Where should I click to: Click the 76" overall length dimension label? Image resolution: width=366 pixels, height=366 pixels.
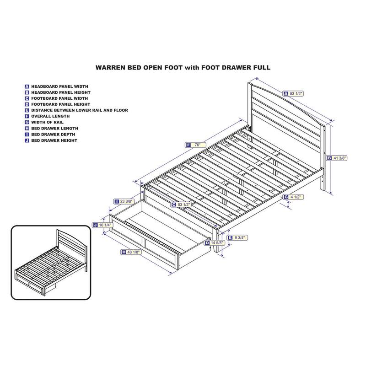(196, 145)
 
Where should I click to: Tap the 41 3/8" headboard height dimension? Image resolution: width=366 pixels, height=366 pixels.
(336, 158)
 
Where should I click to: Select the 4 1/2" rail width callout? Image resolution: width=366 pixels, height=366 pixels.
(294, 197)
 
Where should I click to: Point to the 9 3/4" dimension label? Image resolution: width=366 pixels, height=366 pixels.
(237, 237)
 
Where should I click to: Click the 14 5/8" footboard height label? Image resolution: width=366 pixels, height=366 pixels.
(215, 243)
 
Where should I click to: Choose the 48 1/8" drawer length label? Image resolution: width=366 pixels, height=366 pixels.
(131, 252)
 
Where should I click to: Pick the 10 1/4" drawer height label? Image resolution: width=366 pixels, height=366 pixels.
(103, 225)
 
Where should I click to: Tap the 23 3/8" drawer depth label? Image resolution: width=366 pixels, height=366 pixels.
(124, 201)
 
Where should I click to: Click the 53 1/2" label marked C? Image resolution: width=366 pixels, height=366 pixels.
(181, 205)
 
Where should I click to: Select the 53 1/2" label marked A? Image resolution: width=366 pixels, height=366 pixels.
(293, 94)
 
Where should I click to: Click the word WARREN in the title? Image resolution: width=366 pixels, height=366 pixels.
(110, 68)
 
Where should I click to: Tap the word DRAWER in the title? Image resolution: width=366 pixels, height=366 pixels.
(237, 68)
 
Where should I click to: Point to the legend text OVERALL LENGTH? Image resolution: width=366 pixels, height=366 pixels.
(50, 116)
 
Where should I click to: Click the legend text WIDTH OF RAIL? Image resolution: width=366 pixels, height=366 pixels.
(48, 122)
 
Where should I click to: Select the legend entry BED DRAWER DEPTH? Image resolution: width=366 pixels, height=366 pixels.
(53, 135)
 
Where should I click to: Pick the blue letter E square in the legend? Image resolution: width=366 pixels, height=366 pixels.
(27, 110)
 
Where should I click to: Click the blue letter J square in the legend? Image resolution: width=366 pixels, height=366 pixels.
(27, 140)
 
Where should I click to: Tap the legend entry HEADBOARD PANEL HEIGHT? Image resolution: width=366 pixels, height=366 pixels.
(61, 92)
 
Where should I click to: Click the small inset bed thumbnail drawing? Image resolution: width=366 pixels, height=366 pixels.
(51, 262)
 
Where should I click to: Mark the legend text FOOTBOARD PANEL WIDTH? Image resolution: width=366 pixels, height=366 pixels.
(59, 98)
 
